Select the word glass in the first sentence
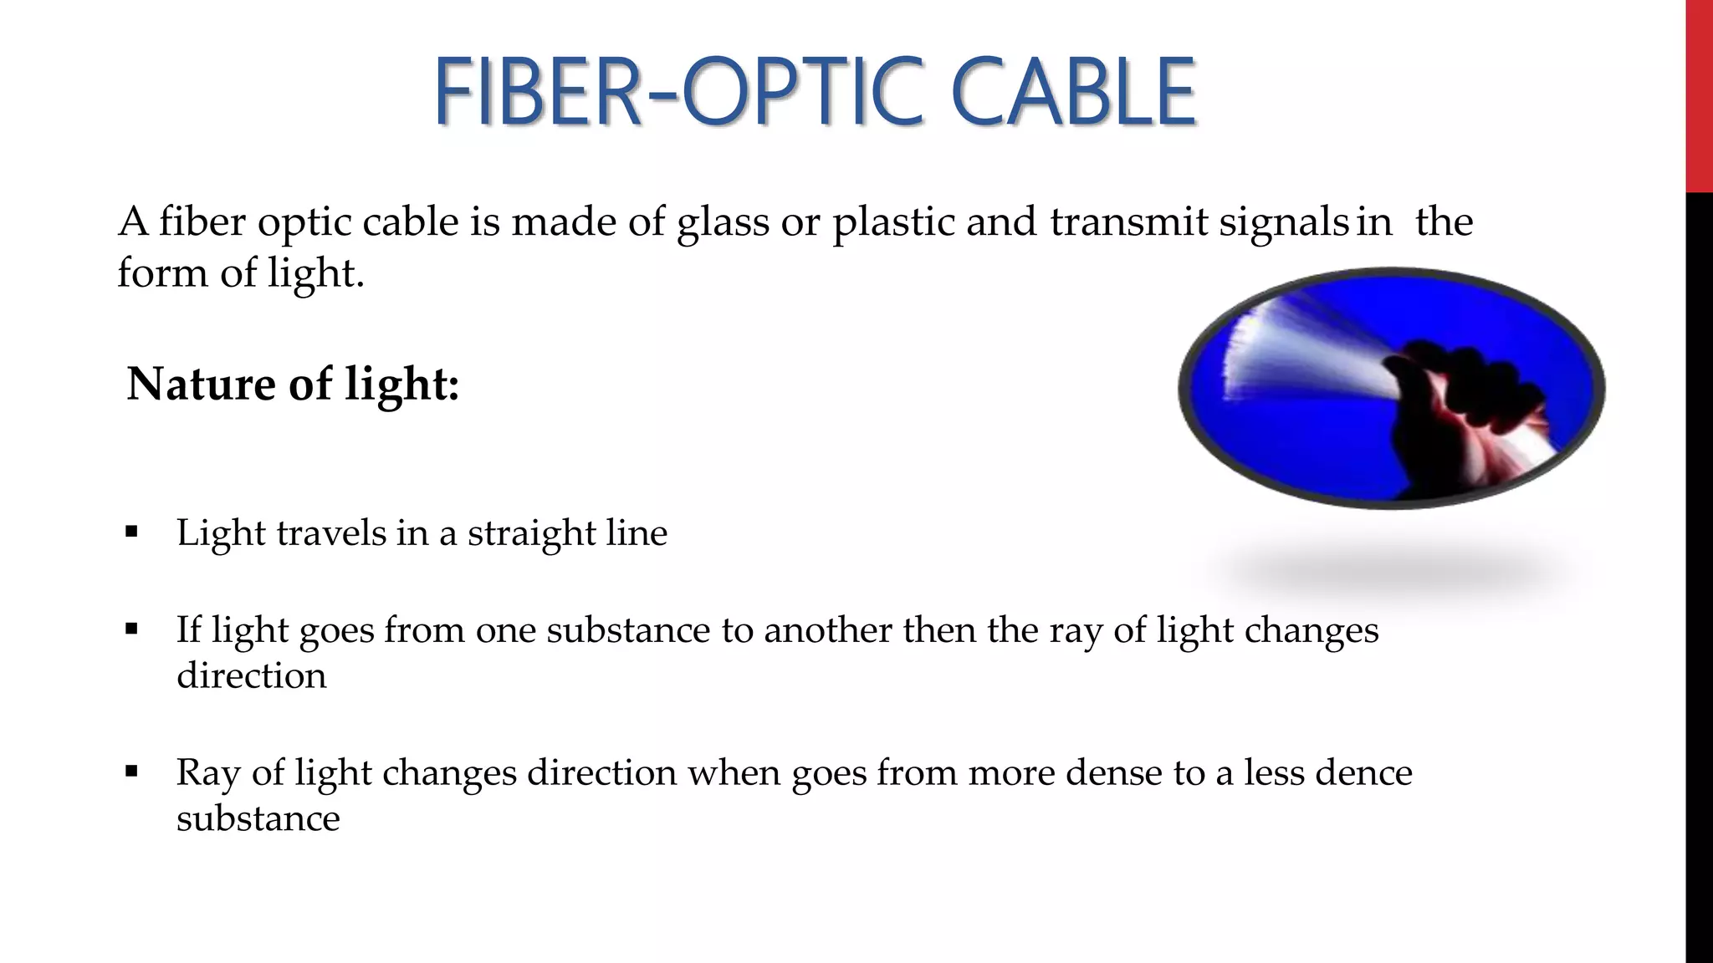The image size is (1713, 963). [x=723, y=222]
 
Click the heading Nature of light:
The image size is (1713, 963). [x=293, y=385]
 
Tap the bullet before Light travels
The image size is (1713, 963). [x=130, y=532]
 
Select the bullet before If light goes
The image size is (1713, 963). [x=130, y=629]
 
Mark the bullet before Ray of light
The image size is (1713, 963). [x=130, y=771]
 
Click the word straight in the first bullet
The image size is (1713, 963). [x=531, y=533]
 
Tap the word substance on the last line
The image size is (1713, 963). [x=258, y=818]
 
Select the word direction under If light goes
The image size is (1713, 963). [x=251, y=675]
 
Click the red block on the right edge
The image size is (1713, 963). [x=1699, y=96]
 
